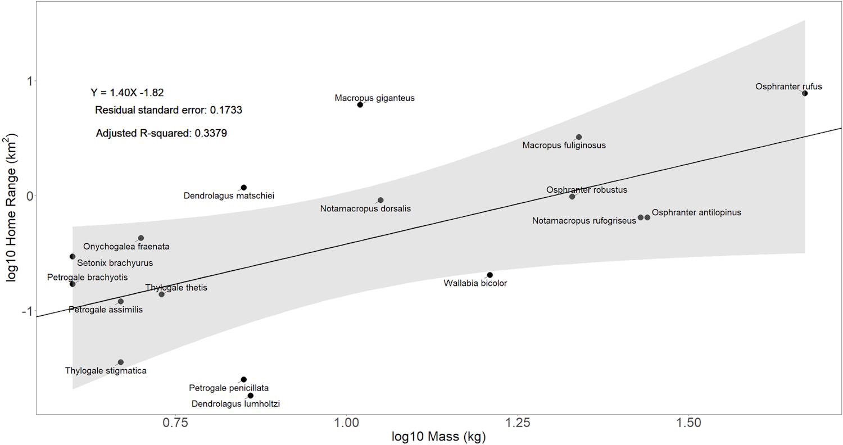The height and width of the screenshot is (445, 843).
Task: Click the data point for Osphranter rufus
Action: pos(805,93)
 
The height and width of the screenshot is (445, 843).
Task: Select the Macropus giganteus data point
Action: pos(360,105)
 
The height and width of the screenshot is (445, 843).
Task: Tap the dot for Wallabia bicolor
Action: pos(490,275)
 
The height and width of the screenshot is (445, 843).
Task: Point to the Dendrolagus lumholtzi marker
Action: pos(251,396)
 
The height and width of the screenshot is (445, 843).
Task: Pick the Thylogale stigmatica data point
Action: pos(121,362)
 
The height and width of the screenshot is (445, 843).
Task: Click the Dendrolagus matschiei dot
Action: pos(244,188)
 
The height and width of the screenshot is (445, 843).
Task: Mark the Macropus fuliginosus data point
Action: pos(579,137)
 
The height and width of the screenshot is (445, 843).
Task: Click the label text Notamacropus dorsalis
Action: pos(365,208)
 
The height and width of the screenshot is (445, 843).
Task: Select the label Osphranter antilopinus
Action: pos(696,212)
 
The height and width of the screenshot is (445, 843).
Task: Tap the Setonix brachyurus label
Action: pos(115,262)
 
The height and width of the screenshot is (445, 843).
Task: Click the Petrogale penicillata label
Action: pos(229,388)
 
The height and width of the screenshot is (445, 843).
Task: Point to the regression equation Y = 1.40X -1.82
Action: pos(127,93)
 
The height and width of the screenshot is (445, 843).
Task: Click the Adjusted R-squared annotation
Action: pos(161,133)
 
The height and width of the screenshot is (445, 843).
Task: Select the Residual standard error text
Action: pos(168,110)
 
